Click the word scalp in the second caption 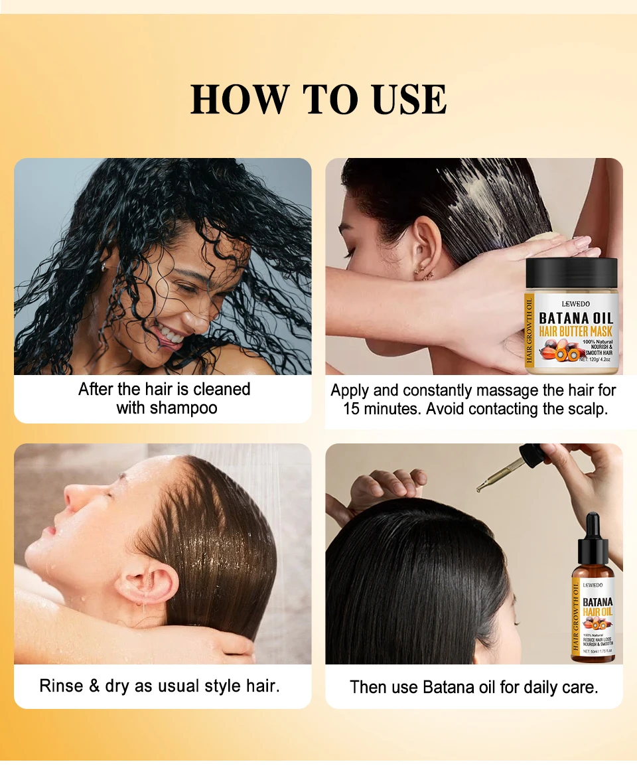tap(587, 409)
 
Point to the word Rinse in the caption tap(61, 685)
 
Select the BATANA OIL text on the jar tap(575, 318)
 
